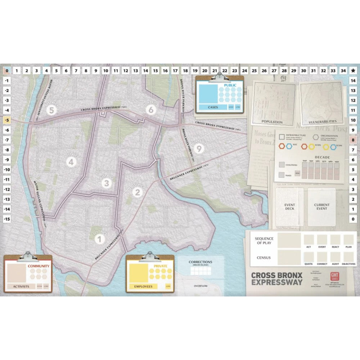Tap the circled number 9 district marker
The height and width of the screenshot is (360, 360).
198,148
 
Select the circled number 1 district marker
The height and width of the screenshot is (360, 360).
100,238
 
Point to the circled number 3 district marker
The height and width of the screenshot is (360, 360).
106,183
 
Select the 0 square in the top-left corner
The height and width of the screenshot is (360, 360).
6,71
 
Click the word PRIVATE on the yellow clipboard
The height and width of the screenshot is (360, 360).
161,266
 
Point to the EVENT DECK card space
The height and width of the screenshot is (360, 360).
290,207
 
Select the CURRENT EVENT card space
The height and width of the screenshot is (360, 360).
321,207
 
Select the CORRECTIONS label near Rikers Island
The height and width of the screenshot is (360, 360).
201,262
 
